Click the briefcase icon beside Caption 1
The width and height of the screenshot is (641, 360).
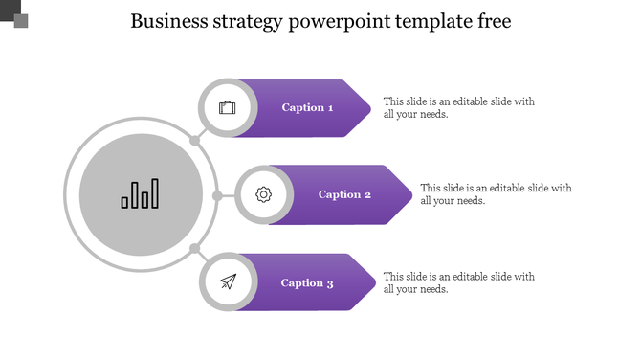tap(228, 107)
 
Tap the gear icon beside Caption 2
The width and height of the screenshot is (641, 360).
tap(264, 194)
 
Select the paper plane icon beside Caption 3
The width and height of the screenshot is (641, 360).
tap(228, 281)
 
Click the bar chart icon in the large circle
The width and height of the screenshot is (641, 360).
tap(140, 194)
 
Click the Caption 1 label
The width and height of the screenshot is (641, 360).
tap(307, 107)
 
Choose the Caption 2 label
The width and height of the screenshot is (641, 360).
tap(344, 194)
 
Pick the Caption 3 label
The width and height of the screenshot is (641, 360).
tap(307, 282)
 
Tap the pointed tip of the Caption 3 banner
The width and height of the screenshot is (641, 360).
tap(371, 282)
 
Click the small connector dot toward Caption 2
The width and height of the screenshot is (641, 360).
tap(217, 195)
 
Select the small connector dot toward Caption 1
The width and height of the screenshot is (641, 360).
tap(194, 141)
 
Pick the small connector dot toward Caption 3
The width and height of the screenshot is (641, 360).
tap(194, 249)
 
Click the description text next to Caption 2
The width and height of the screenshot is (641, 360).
tap(496, 194)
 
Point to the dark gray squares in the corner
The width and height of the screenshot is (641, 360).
tap(15, 15)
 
